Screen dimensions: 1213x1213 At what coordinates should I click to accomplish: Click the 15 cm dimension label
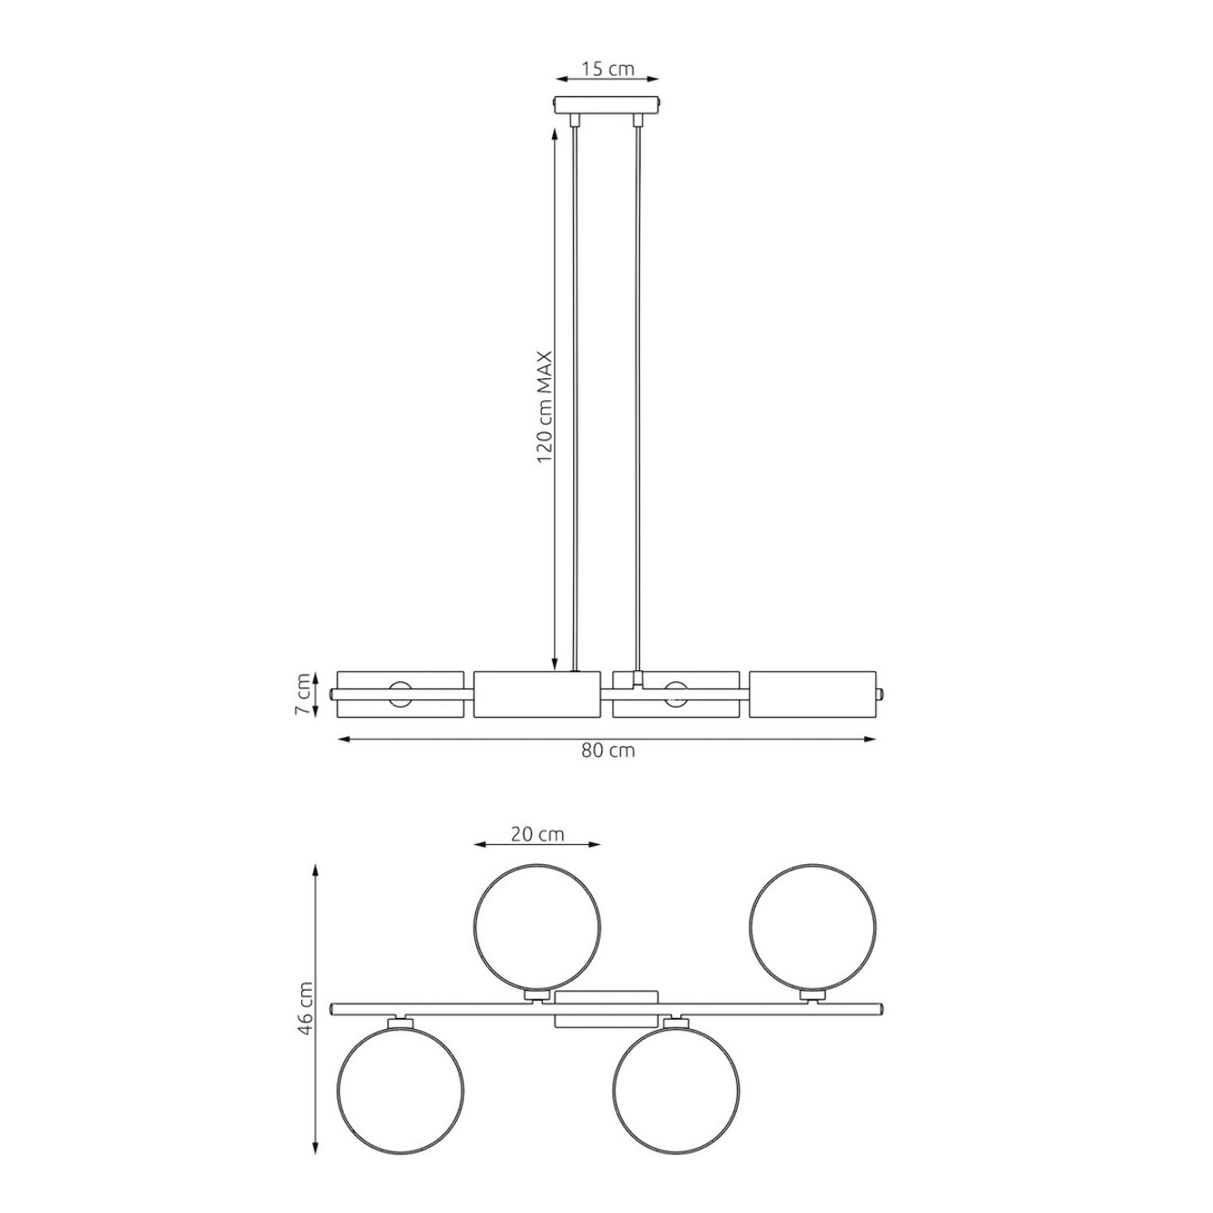(607, 69)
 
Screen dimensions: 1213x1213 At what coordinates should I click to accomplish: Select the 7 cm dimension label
(305, 694)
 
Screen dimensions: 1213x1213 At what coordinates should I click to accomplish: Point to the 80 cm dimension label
(608, 751)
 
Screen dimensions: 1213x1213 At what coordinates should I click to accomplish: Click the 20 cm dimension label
(537, 835)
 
